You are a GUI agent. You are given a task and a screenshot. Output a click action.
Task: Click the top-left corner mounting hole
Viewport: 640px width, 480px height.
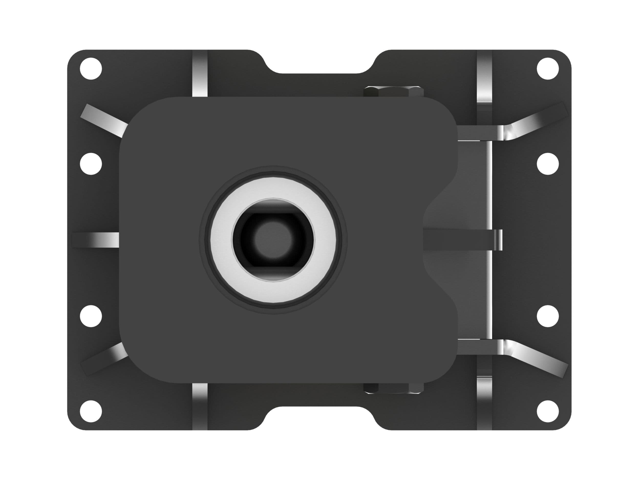pyautogui.click(x=91, y=69)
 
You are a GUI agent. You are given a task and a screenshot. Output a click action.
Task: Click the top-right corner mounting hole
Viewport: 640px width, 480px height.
pyautogui.click(x=548, y=69)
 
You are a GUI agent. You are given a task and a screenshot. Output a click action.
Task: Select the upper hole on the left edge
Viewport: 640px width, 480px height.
pyautogui.click(x=91, y=164)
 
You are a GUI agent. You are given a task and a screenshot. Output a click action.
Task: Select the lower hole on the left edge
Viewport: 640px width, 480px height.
pyautogui.click(x=91, y=316)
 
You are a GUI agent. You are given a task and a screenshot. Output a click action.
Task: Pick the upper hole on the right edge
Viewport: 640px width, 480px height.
pyautogui.click(x=548, y=164)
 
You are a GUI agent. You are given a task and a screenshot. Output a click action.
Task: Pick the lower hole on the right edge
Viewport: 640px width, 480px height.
pyautogui.click(x=548, y=316)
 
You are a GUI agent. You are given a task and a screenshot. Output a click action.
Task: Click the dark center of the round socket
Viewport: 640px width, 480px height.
pyautogui.click(x=273, y=240)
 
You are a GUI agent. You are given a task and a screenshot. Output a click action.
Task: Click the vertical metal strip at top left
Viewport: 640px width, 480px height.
pyautogui.click(x=200, y=78)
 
